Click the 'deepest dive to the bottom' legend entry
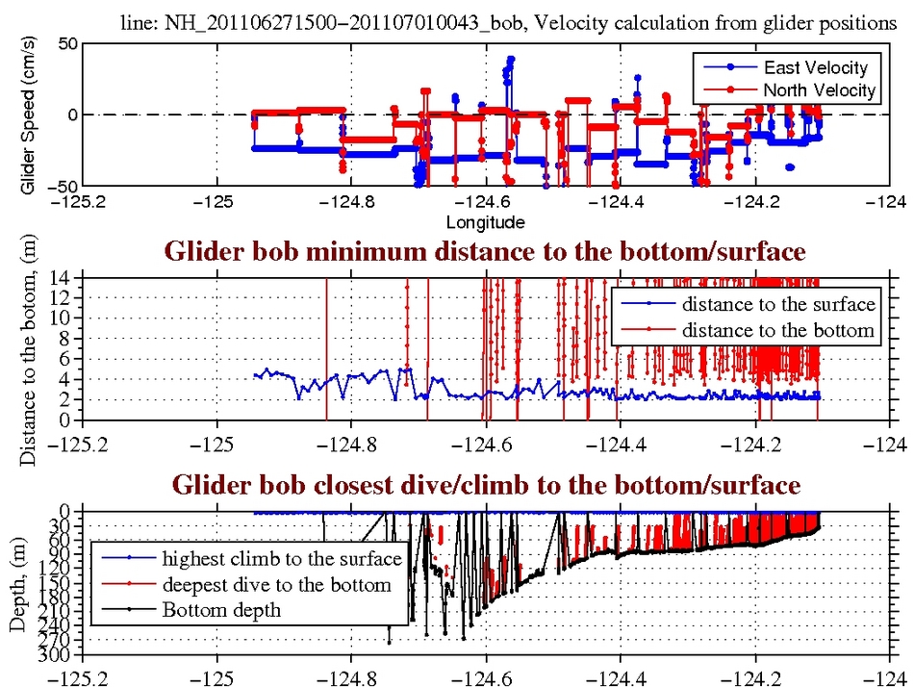276,584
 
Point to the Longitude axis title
485,223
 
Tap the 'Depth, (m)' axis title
17,583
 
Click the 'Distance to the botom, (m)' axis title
27,349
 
